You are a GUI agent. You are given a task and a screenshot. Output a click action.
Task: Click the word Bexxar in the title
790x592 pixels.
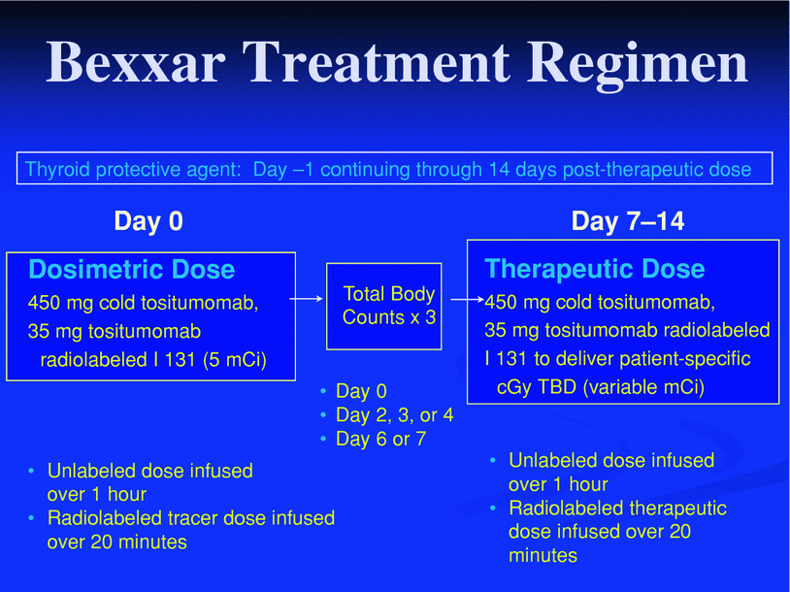click(x=136, y=62)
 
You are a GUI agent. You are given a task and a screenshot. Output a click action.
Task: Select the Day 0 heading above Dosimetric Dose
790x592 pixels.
click(x=148, y=220)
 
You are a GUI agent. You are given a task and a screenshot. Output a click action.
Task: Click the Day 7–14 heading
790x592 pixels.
click(x=628, y=220)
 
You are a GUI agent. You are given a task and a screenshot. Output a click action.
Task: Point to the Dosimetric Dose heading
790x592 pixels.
click(x=131, y=269)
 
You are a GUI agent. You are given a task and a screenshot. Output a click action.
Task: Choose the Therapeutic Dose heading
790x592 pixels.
click(x=595, y=269)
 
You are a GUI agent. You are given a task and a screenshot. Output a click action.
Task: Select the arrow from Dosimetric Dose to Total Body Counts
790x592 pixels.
click(x=306, y=299)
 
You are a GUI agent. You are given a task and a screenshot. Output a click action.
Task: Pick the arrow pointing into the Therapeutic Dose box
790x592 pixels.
click(x=468, y=299)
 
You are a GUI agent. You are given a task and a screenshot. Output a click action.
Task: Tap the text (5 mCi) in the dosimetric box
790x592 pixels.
click(x=235, y=360)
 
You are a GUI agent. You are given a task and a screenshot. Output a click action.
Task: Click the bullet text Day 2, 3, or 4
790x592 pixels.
click(x=394, y=415)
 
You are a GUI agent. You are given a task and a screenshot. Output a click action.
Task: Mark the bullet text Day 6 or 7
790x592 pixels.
click(x=380, y=439)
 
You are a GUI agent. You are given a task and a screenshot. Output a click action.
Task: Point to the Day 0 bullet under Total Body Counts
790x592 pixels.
click(x=361, y=391)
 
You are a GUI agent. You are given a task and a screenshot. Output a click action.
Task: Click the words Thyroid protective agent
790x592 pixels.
click(x=133, y=169)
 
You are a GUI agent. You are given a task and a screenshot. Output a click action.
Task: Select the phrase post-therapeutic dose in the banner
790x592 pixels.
click(x=657, y=169)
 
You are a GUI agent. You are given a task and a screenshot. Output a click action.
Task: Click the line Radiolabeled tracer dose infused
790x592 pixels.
click(x=191, y=518)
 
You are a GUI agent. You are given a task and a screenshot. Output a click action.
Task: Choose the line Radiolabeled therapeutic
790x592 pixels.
click(x=617, y=508)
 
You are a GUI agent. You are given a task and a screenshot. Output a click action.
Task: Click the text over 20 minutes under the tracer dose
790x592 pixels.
click(x=116, y=543)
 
